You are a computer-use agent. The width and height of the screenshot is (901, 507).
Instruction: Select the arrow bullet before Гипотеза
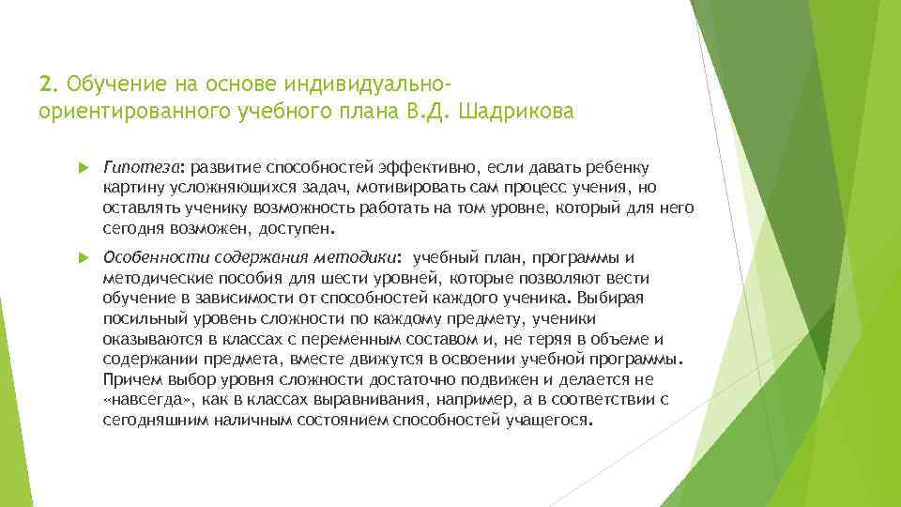tap(82, 167)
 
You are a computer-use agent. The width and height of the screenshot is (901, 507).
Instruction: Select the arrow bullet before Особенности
tap(82, 256)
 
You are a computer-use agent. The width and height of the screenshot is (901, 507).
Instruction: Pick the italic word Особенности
tap(154, 256)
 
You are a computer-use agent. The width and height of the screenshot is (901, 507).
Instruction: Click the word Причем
tap(131, 380)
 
